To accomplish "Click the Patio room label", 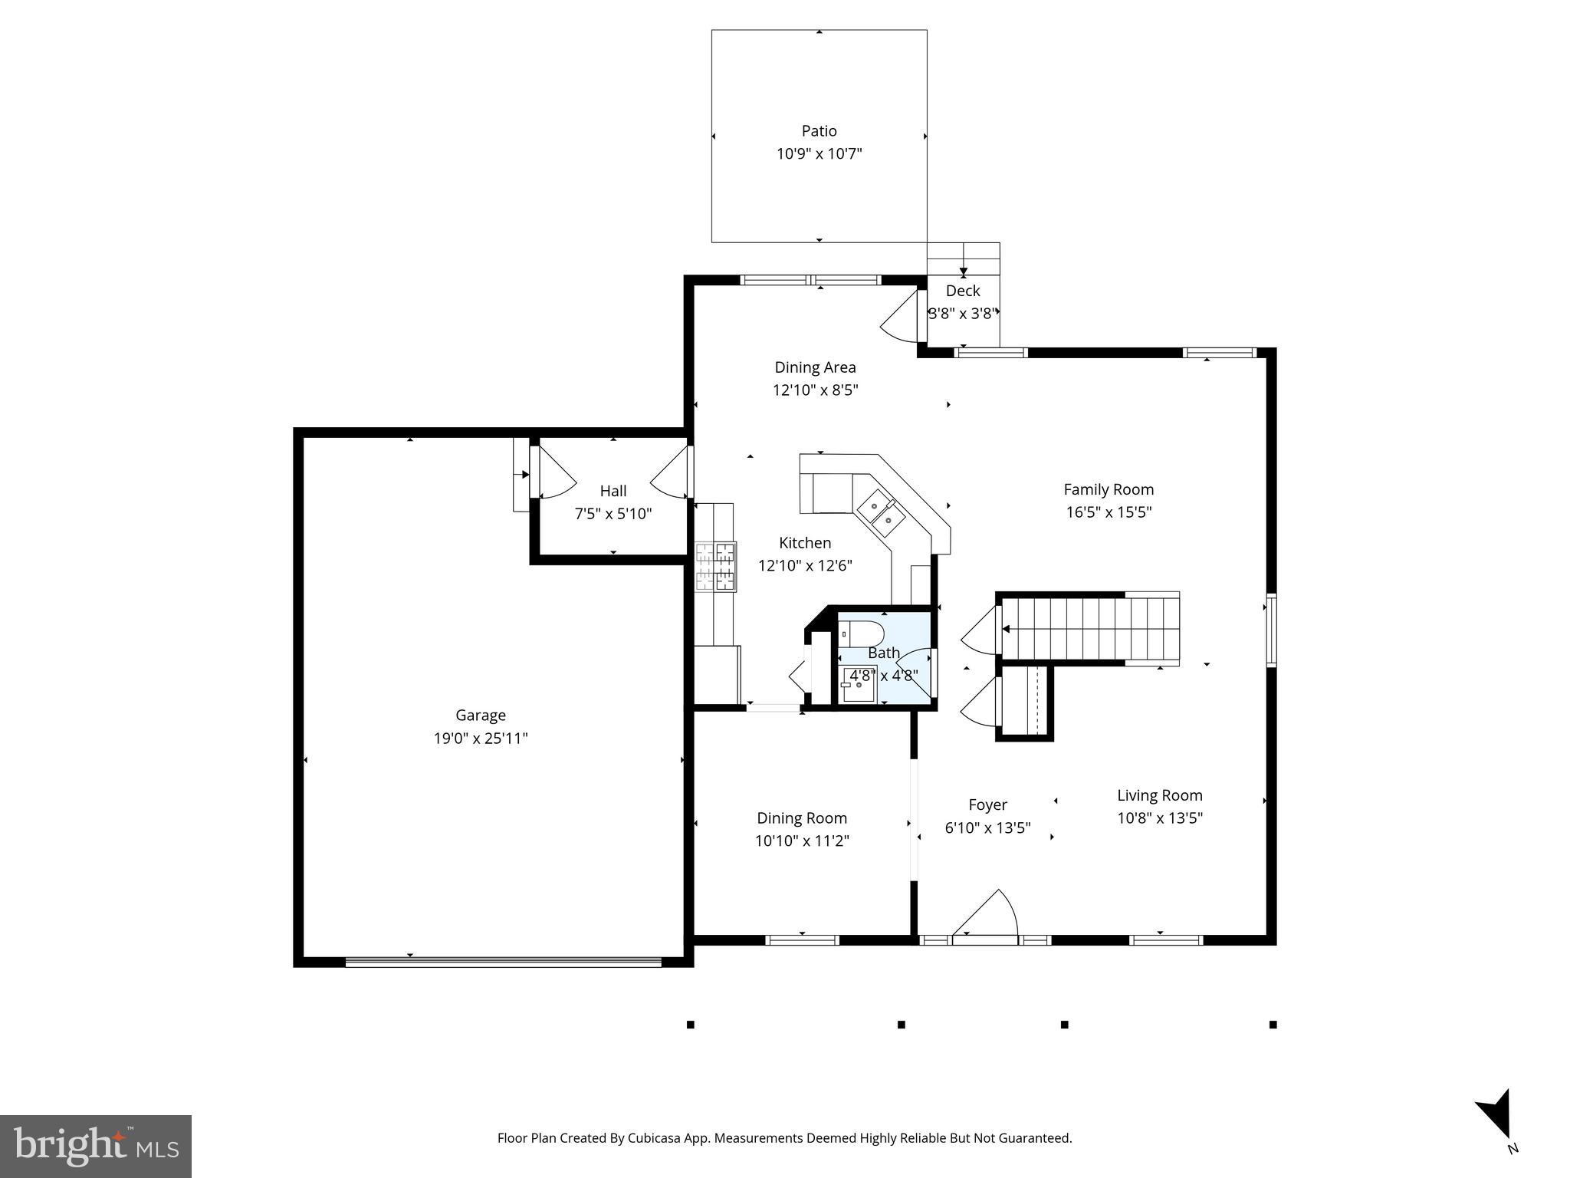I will pyautogui.click(x=819, y=131).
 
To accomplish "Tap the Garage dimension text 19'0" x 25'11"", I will pyautogui.click(x=481, y=739).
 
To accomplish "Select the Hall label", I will pyautogui.click(x=613, y=491).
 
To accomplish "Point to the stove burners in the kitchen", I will pyautogui.click(x=715, y=567).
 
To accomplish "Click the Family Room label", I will pyautogui.click(x=1109, y=489).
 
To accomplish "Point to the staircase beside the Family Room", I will pyautogui.click(x=1089, y=629).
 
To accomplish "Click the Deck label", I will pyautogui.click(x=963, y=291).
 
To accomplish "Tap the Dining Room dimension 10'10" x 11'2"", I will pyautogui.click(x=802, y=841).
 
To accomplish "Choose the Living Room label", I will pyautogui.click(x=1159, y=795).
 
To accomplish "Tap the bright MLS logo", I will pyautogui.click(x=96, y=1146).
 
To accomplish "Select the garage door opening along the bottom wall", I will pyautogui.click(x=503, y=962).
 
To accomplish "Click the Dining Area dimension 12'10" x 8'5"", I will pyautogui.click(x=815, y=390).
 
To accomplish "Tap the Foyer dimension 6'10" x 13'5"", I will pyautogui.click(x=987, y=828).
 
